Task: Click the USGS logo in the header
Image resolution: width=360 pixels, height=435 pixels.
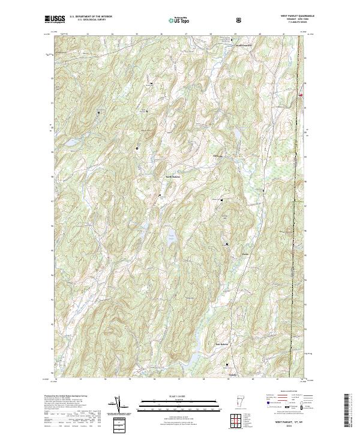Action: click(x=55, y=20)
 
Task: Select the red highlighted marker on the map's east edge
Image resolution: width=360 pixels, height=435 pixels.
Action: click(x=300, y=94)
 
